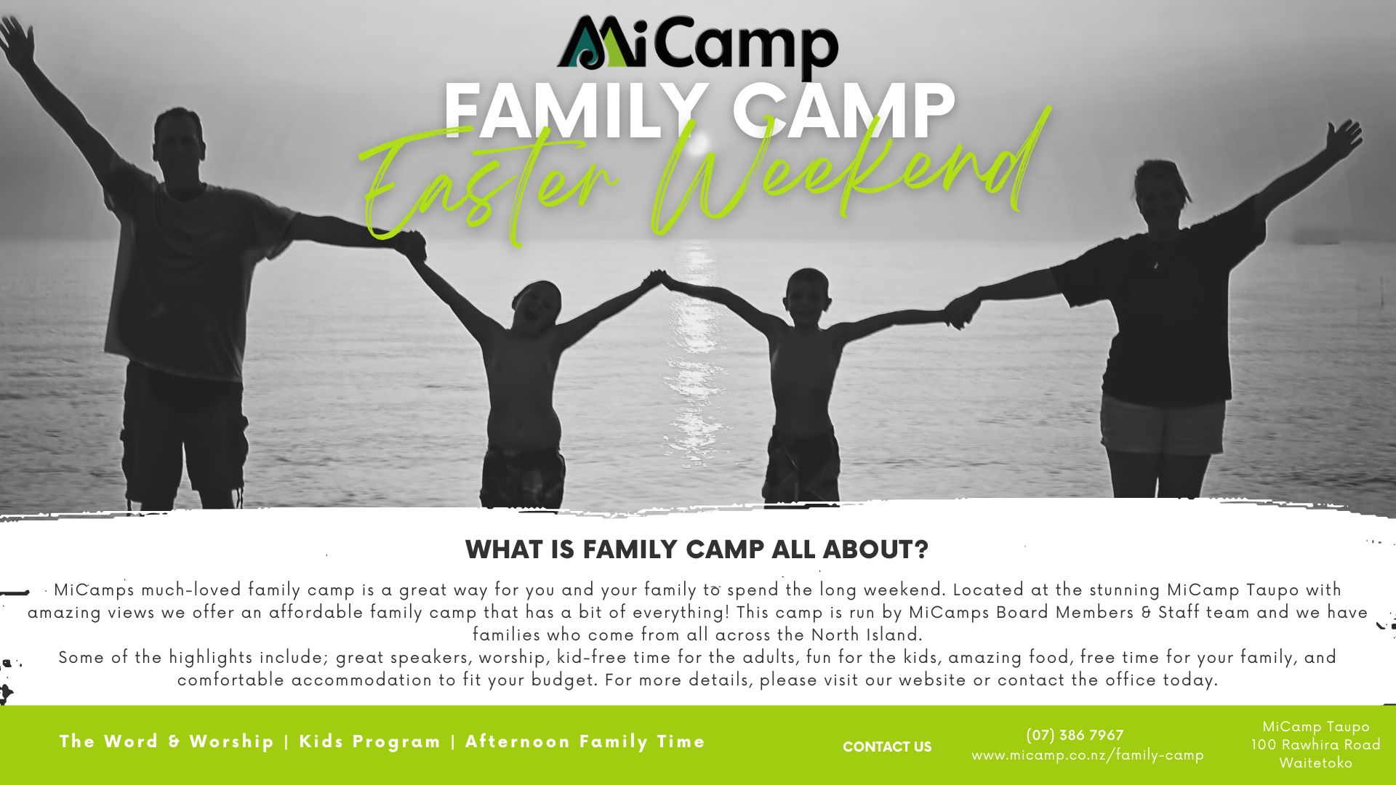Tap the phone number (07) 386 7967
coord(1075,735)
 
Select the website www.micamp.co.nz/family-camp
coord(1088,755)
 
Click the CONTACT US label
coord(887,746)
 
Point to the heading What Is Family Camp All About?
coord(697,549)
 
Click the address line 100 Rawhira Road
coord(1315,744)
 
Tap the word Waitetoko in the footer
coord(1316,763)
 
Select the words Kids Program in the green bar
coord(370,742)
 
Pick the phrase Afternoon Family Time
coord(585,741)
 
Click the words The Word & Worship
coord(167,741)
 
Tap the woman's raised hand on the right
coord(1344,140)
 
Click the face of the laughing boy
coord(536,307)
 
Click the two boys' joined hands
coord(657,279)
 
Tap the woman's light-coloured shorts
coord(1162,425)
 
